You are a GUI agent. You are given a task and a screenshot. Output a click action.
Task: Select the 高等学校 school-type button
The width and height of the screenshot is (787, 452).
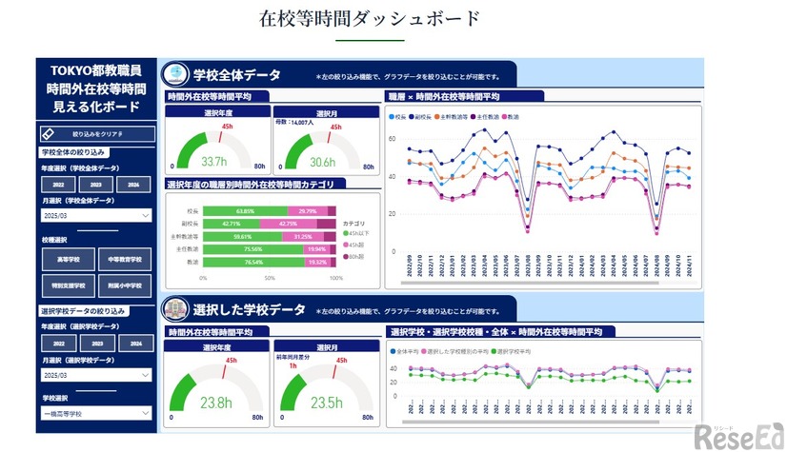click(x=68, y=259)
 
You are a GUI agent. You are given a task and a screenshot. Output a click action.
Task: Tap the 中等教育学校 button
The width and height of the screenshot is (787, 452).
click(x=123, y=259)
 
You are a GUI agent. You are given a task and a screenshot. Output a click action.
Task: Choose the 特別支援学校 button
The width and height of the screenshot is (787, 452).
click(x=68, y=285)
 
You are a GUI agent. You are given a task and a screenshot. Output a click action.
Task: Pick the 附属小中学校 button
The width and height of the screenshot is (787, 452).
click(x=123, y=285)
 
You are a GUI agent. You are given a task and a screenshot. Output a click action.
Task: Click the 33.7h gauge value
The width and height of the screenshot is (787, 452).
click(x=214, y=162)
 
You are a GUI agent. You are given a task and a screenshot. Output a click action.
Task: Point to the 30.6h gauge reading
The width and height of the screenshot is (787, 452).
click(x=323, y=162)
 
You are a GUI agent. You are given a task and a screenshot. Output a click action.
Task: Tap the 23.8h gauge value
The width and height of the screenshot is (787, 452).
click(x=214, y=403)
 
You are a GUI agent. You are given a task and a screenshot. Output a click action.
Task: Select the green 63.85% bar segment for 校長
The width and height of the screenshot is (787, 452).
click(x=245, y=211)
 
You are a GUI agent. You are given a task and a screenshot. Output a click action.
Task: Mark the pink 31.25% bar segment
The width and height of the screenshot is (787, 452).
click(x=303, y=237)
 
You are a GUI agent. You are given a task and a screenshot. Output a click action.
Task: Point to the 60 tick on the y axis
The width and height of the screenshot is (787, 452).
click(x=391, y=139)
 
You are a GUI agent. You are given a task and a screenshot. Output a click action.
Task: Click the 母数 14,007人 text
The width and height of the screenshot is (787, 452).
click(x=294, y=122)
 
